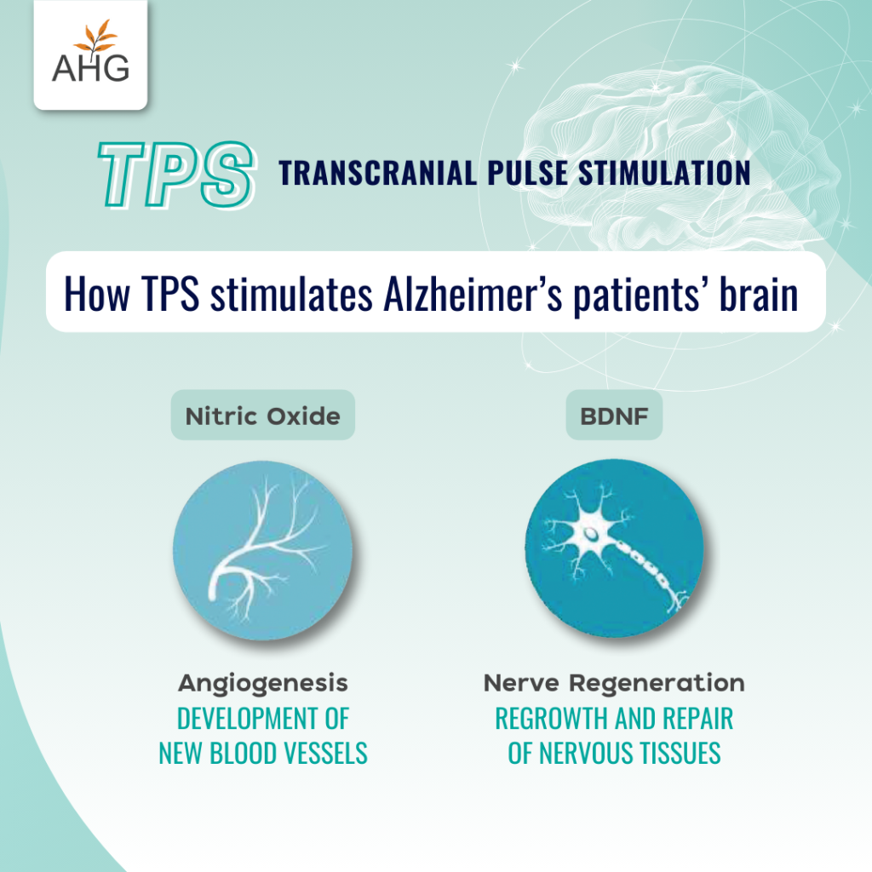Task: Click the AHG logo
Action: click(90, 54)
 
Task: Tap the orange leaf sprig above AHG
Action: click(96, 37)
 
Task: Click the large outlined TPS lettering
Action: click(176, 174)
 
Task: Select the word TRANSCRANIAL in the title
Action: click(377, 173)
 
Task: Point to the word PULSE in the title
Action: click(528, 173)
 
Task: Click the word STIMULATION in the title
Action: click(664, 173)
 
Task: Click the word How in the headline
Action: click(97, 293)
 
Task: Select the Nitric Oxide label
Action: click(262, 416)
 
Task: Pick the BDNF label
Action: click(614, 416)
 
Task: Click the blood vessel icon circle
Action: click(262, 549)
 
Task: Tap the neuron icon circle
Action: click(614, 548)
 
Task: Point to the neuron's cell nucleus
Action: click(591, 535)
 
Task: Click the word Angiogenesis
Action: click(262, 684)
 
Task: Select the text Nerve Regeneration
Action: click(614, 683)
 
